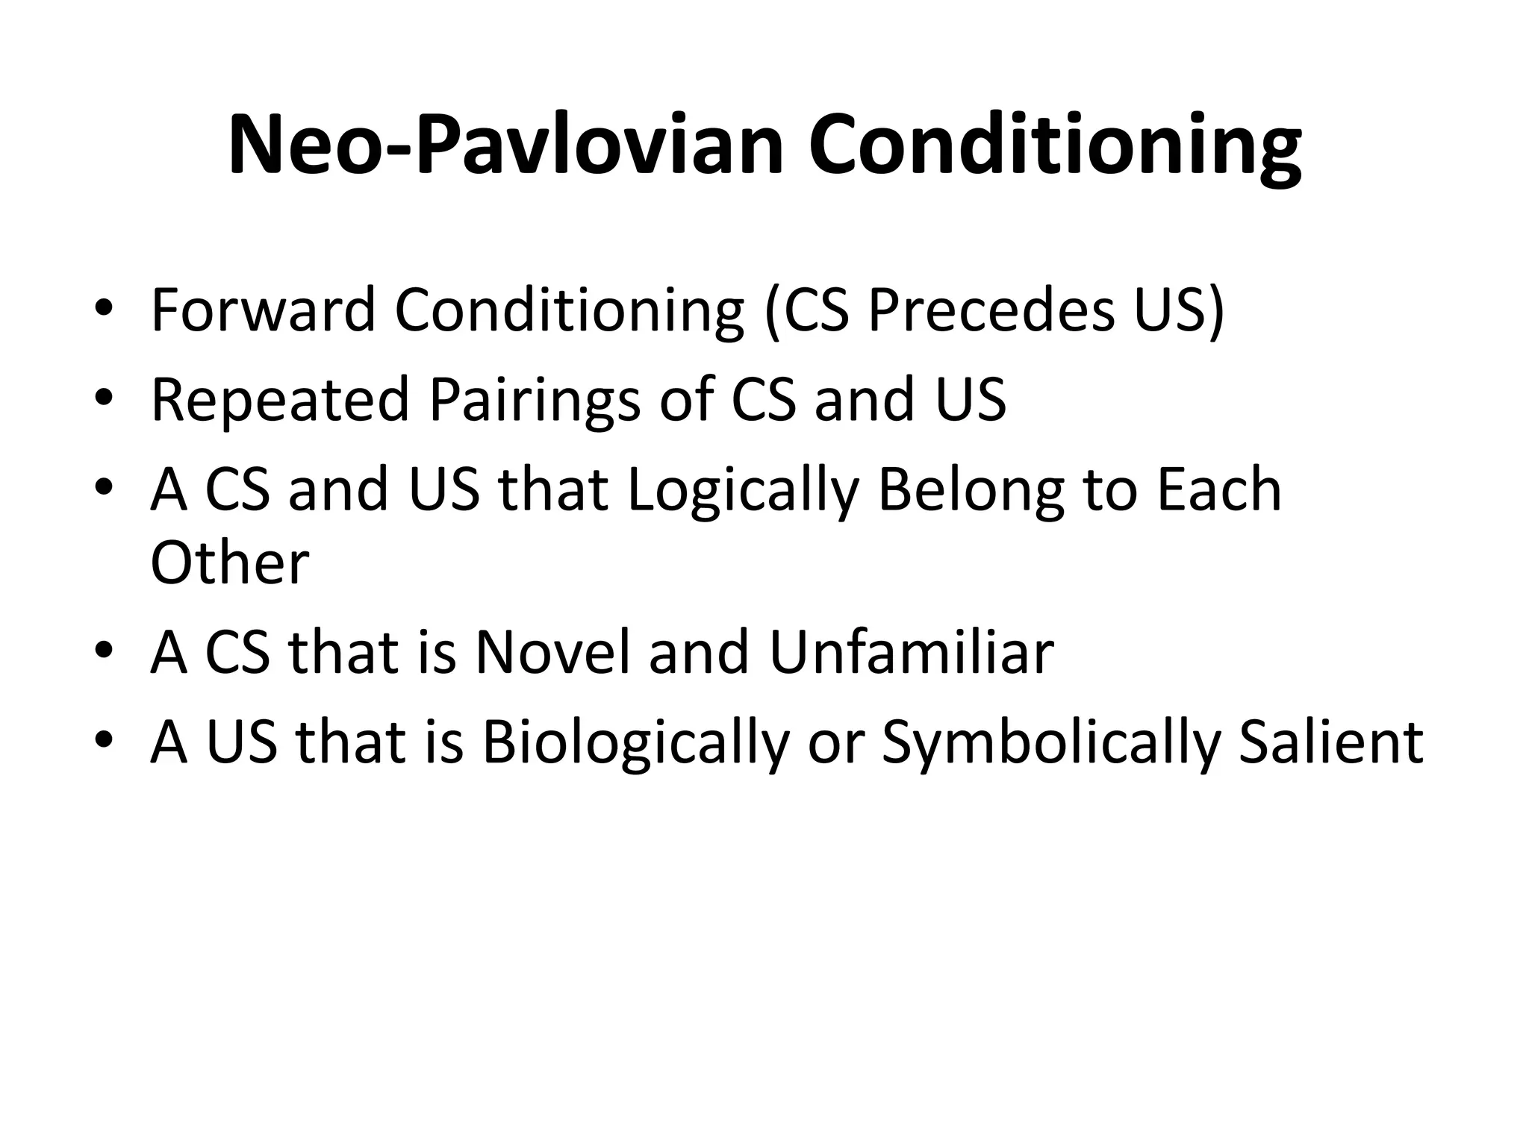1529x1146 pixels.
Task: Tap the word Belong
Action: tap(971, 490)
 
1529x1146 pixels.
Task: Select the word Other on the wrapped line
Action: tap(229, 563)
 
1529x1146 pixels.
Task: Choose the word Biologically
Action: tap(635, 743)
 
